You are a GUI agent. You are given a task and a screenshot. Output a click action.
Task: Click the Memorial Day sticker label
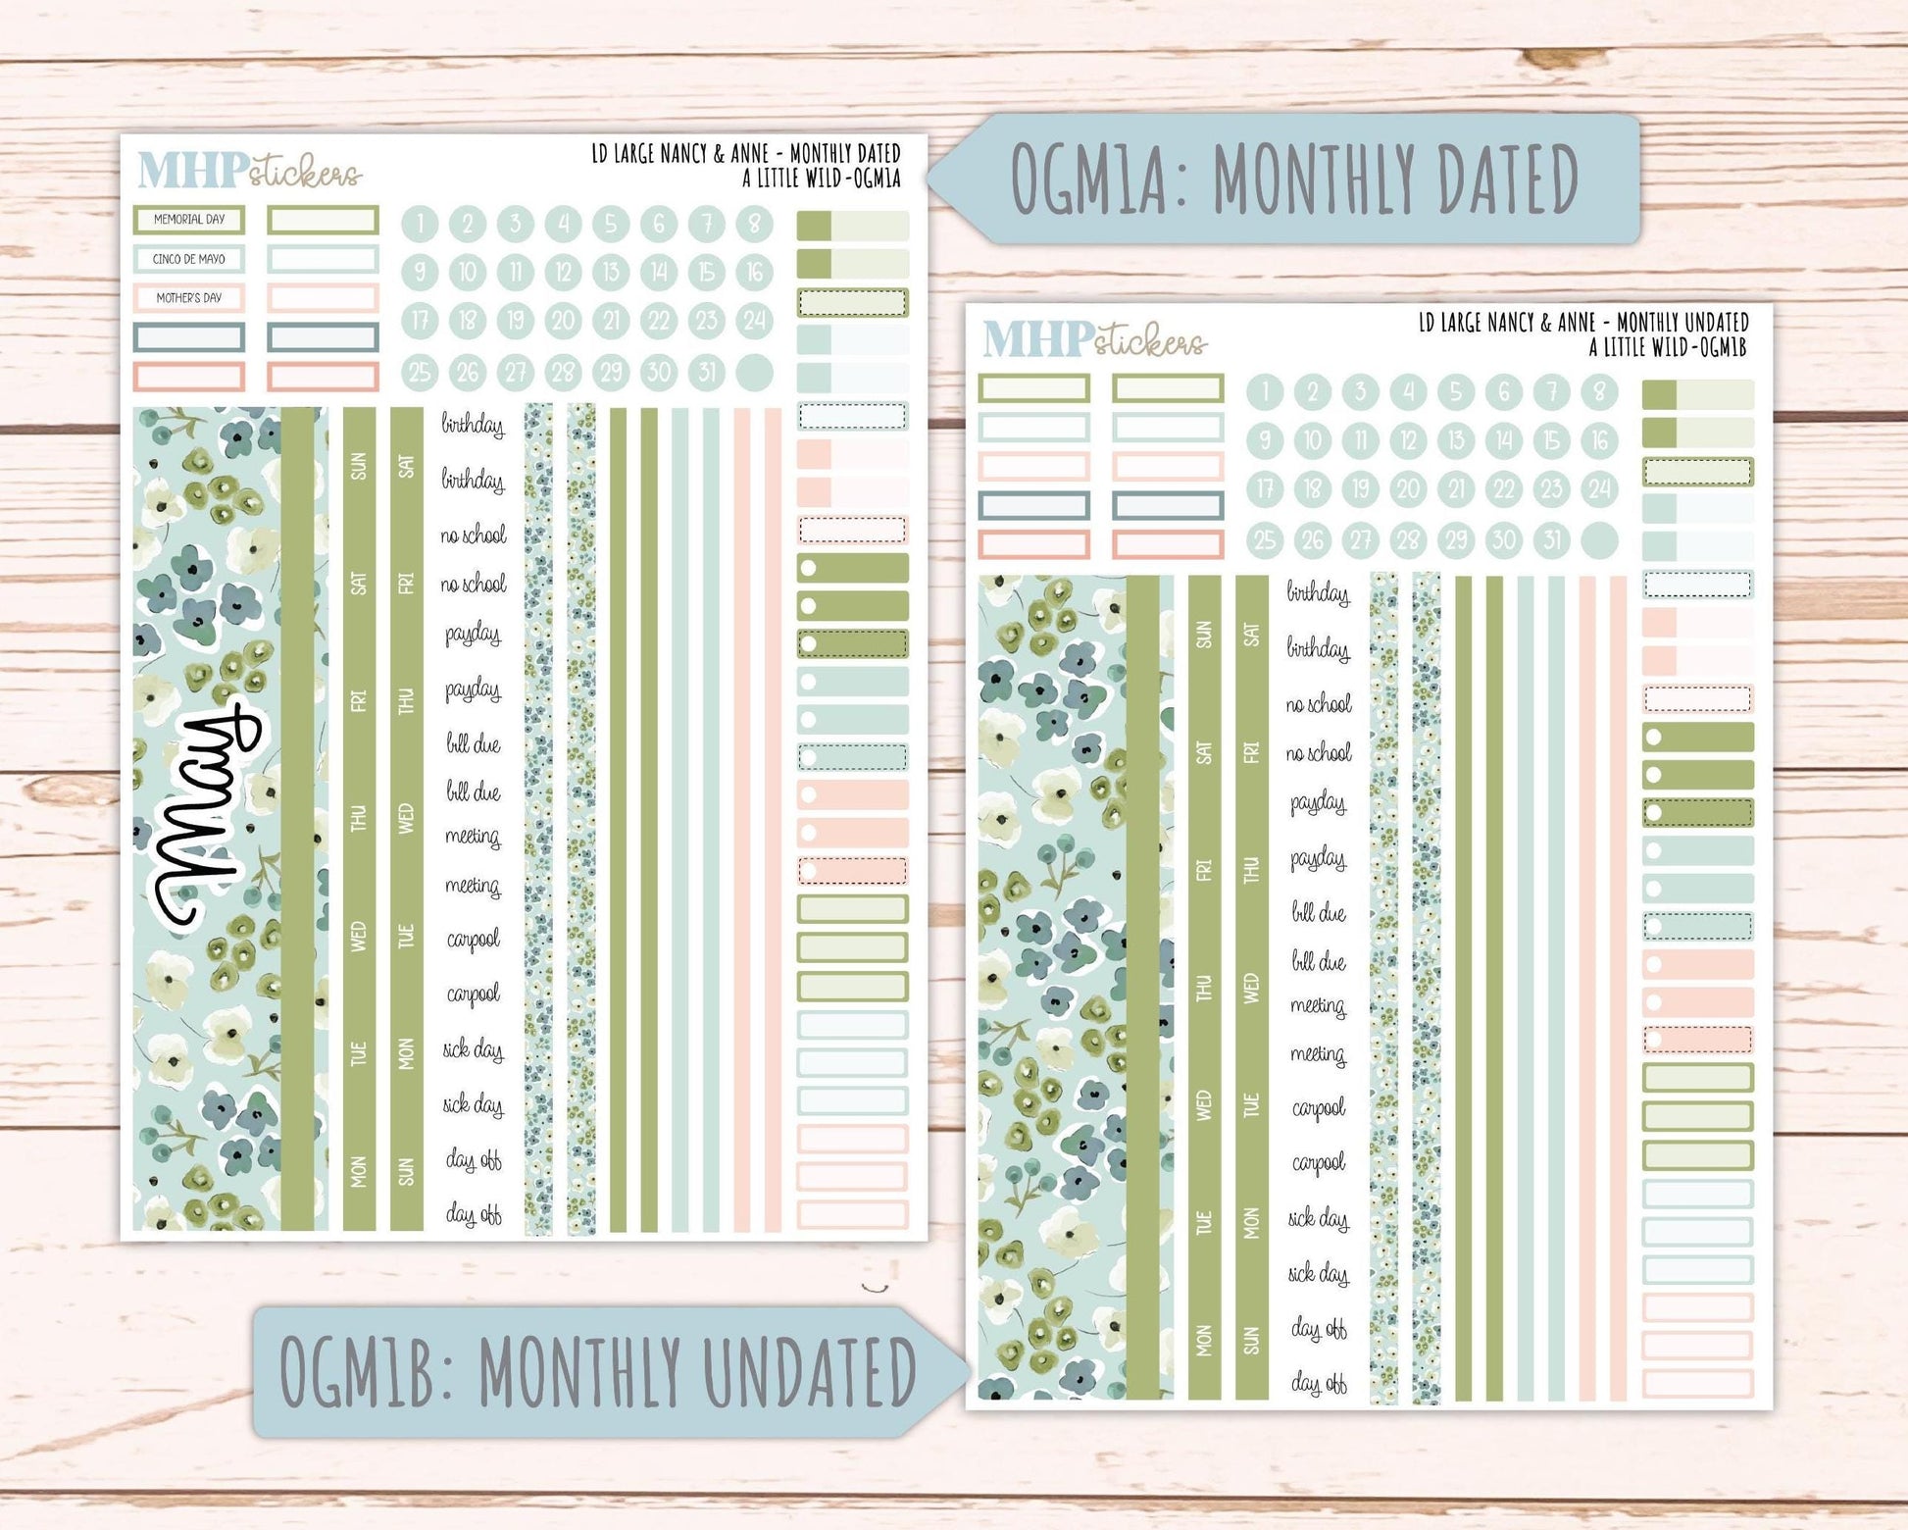point(189,220)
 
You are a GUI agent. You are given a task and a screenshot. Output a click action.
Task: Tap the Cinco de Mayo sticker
point(189,259)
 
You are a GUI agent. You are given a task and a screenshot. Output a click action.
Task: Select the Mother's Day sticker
point(189,298)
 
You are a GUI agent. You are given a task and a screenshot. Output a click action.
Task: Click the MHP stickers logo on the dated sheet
point(249,171)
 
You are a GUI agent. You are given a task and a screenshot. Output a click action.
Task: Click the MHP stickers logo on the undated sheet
point(1094,339)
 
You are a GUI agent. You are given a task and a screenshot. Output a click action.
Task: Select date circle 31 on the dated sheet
point(707,373)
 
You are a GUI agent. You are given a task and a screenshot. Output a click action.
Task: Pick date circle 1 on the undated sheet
point(1265,392)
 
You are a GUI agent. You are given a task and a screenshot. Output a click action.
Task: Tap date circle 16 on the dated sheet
point(754,272)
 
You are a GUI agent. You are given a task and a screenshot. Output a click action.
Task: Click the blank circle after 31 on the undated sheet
point(1599,540)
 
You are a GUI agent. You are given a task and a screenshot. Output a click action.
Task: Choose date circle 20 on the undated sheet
point(1408,489)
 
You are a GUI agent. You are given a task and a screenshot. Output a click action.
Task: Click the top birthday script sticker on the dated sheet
point(473,425)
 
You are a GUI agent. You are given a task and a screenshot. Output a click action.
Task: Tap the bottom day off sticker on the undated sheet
point(1319,1383)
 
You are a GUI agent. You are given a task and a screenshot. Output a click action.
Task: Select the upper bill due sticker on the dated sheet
point(474,744)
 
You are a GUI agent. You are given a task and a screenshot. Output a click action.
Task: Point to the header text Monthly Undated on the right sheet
point(1682,322)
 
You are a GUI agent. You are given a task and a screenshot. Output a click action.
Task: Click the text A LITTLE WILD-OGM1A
point(822,178)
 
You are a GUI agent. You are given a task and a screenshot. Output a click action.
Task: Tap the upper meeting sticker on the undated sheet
point(1319,1006)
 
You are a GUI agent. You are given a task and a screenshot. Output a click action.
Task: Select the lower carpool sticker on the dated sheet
point(474,994)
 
